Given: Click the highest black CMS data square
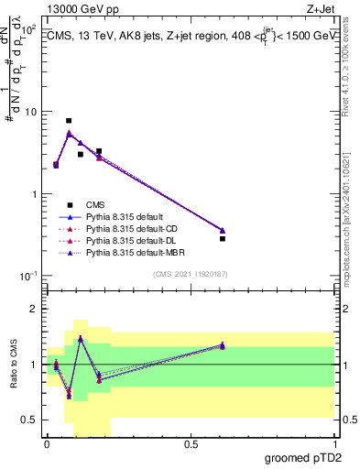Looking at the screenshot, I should point(69,121).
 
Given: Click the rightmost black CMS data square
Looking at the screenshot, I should point(223,238).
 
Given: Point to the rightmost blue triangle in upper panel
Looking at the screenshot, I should point(223,230).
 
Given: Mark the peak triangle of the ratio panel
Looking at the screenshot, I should point(81,338).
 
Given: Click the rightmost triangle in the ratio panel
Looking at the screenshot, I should point(223,345).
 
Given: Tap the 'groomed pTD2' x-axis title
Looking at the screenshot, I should point(302,458).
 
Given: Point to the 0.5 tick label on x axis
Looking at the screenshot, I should point(191,444).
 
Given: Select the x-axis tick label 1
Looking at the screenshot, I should point(335,444).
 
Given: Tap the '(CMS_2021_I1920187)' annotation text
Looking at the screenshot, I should point(191,273).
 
